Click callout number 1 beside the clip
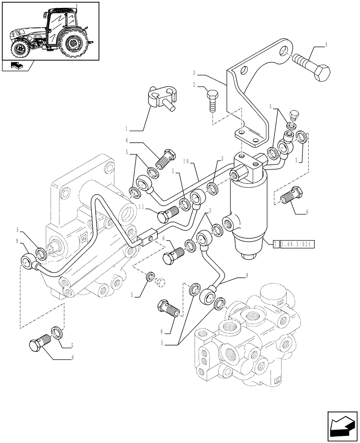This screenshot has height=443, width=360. click(127, 129)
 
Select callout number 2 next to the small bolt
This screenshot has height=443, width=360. click(194, 84)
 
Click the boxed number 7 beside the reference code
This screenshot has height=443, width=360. click(276, 244)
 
